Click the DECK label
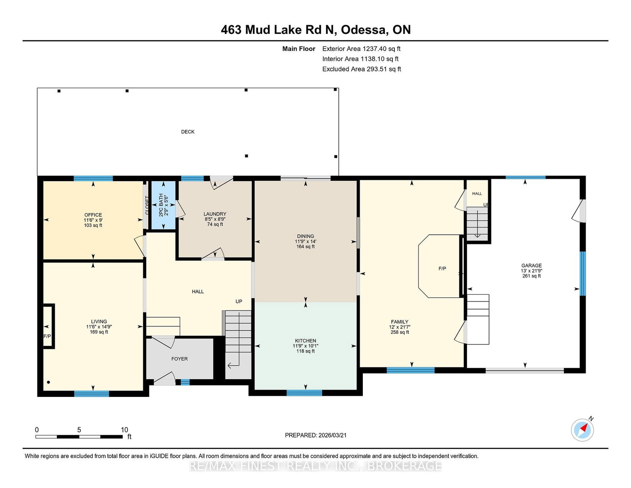188,132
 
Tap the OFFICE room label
93,215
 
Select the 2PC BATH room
164,205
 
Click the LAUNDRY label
215,214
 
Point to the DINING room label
306,236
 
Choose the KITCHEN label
306,341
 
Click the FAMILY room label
400,322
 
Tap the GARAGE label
531,266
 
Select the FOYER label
179,359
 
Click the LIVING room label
99,322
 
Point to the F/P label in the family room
442,269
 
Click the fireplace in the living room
49,326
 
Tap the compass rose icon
582,430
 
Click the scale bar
79,437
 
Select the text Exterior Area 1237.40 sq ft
361,49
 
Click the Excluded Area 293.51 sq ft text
362,69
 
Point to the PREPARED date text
315,435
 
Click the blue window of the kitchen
304,393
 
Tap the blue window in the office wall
93,178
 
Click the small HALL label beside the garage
477,193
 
